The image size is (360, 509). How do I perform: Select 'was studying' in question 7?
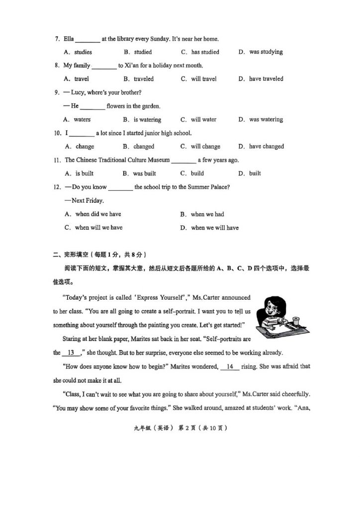266,52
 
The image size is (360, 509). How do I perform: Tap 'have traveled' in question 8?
266,79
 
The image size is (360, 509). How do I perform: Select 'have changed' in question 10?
267,147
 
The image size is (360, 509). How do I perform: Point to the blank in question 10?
82,134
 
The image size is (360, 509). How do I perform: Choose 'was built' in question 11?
144,173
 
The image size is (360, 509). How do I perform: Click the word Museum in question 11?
158,160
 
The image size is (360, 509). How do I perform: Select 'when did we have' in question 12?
98,214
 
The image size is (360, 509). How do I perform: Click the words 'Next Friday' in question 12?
88,201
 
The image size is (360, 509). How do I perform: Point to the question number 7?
57,39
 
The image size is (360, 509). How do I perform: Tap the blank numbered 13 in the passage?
71,353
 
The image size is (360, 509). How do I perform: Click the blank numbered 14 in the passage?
230,366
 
